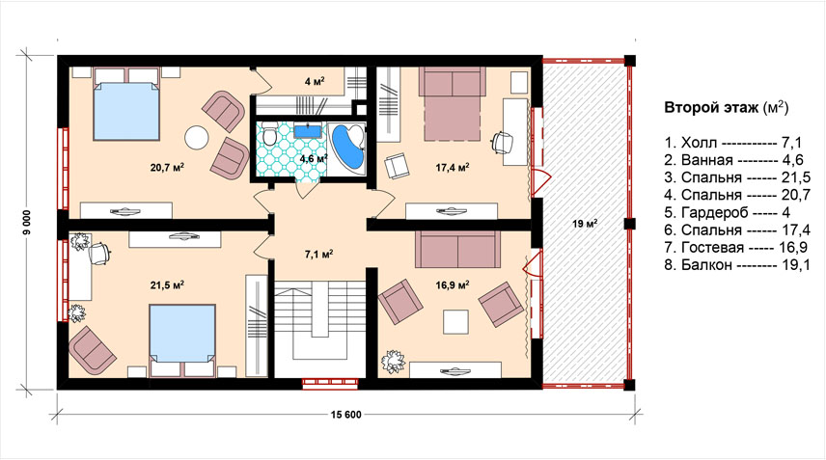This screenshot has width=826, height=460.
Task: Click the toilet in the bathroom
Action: click(x=270, y=134)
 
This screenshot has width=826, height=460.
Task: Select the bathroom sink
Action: click(x=307, y=130)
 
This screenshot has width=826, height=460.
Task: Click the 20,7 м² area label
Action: click(x=167, y=168)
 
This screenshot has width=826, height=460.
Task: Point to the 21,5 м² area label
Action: click(x=167, y=285)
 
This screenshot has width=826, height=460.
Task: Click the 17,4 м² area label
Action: click(x=453, y=168)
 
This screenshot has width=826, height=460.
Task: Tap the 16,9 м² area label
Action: click(x=453, y=285)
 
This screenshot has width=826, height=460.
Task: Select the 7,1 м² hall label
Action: click(x=318, y=256)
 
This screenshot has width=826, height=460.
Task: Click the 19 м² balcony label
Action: click(x=584, y=224)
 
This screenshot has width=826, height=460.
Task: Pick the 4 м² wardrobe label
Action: click(x=314, y=82)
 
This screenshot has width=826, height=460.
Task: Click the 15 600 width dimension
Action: click(x=346, y=415)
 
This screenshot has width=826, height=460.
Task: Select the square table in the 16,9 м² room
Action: click(x=455, y=322)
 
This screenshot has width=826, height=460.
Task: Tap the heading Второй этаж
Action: click(x=710, y=108)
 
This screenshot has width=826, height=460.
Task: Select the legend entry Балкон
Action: click(x=737, y=265)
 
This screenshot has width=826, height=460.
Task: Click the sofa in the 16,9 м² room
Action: click(x=457, y=249)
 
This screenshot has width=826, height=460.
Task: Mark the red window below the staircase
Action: click(x=330, y=383)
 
